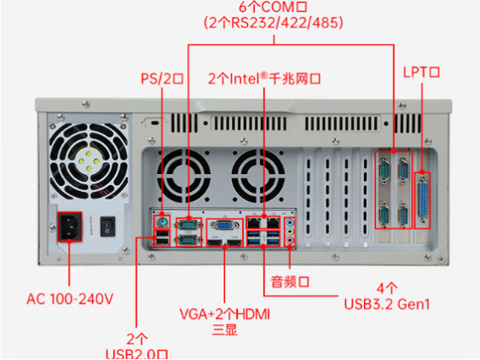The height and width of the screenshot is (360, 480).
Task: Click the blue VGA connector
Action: [223, 226]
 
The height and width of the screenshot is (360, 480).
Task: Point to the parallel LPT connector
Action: [422, 200]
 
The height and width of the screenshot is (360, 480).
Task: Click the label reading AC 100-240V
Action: [70, 299]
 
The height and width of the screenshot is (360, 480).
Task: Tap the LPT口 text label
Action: [420, 73]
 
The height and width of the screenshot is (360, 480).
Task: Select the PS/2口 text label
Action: [162, 79]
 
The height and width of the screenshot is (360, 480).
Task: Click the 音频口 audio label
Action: [289, 281]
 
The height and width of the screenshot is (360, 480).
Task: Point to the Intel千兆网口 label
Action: [263, 79]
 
